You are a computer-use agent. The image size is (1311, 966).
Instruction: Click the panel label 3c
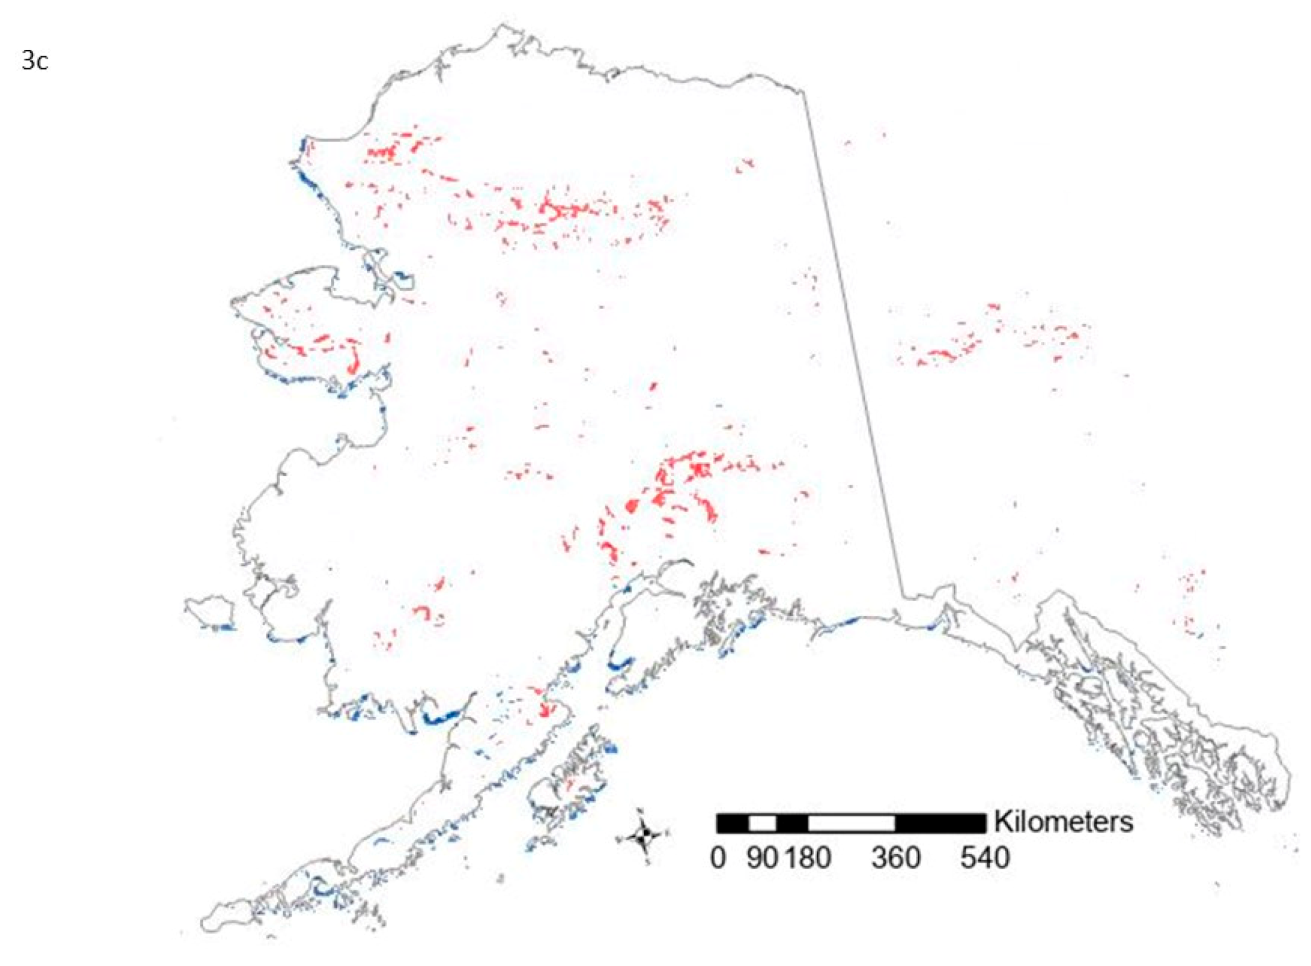click(x=34, y=61)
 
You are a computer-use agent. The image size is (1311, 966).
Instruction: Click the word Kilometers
click(x=1064, y=822)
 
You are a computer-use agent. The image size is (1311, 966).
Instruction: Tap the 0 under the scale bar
click(x=717, y=858)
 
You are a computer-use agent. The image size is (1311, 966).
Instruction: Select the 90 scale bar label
click(x=762, y=858)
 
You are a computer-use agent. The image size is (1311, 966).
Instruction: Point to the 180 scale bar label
click(x=808, y=858)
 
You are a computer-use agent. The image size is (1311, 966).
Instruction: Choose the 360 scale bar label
click(x=895, y=858)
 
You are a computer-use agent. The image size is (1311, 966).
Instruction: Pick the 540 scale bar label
click(x=985, y=858)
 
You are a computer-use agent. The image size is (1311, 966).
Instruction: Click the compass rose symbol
click(x=643, y=837)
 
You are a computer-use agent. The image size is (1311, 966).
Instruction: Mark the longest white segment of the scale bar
click(x=851, y=823)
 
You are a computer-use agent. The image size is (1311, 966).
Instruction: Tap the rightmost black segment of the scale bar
click(x=940, y=823)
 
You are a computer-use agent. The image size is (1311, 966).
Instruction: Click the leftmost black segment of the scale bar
click(x=732, y=823)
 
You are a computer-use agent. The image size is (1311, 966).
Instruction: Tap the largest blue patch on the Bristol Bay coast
click(x=442, y=719)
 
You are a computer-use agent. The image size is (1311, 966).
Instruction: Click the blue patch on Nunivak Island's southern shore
click(x=224, y=627)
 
